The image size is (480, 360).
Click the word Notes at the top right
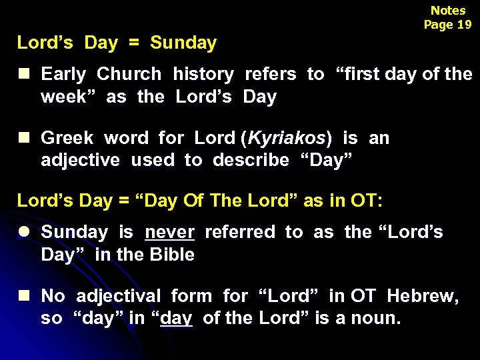click(x=448, y=10)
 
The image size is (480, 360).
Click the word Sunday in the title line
click(x=183, y=43)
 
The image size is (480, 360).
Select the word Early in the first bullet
click(x=64, y=74)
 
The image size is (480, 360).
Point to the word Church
click(x=129, y=74)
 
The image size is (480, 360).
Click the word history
click(x=203, y=74)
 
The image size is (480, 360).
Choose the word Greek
click(x=67, y=138)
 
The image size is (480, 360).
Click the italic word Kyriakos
click(x=287, y=138)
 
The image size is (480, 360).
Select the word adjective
click(x=80, y=160)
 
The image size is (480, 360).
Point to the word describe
click(x=251, y=160)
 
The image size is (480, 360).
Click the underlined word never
click(x=169, y=232)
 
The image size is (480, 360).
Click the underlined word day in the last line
click(x=177, y=319)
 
